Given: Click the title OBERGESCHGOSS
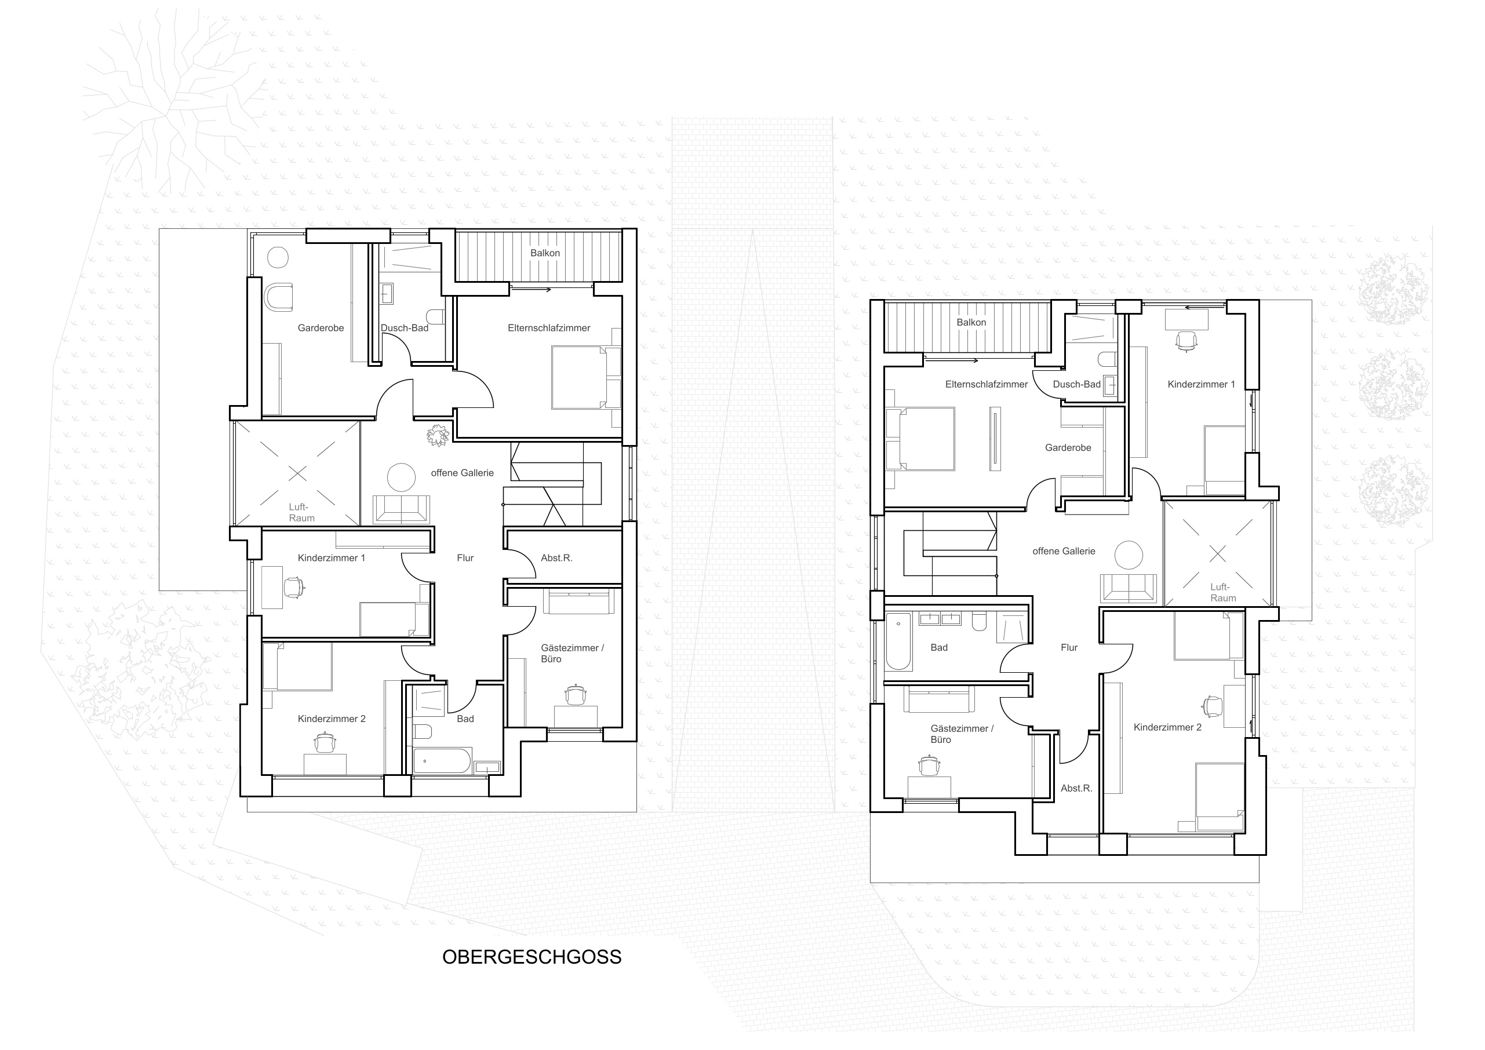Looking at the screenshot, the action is (x=532, y=957).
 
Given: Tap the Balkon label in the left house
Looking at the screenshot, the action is (x=545, y=253).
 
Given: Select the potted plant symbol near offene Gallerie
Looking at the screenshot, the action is (x=438, y=435).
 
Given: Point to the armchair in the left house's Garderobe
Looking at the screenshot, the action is (x=279, y=297).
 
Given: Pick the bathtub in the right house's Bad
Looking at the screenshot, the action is (x=898, y=642).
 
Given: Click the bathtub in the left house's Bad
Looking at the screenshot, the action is (x=442, y=761).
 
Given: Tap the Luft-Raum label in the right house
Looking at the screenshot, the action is (x=1223, y=592).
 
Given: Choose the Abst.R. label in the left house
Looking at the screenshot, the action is (x=556, y=558).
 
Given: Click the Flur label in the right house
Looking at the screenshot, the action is (x=1069, y=647).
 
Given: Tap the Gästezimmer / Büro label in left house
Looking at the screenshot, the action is (x=573, y=653).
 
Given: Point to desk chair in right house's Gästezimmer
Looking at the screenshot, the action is (x=929, y=765).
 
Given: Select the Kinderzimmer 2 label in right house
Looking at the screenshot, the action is (x=1167, y=727).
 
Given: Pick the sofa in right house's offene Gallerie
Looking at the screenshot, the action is (x=1129, y=588).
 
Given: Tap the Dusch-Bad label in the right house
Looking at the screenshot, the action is (x=1077, y=384).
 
